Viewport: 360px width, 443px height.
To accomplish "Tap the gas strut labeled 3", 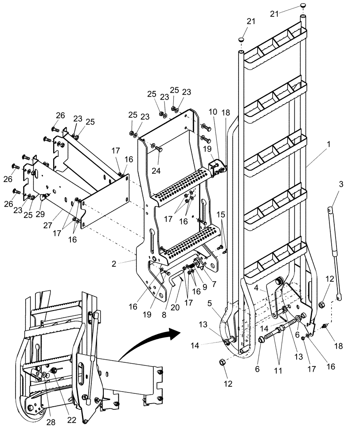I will [x=335, y=253].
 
